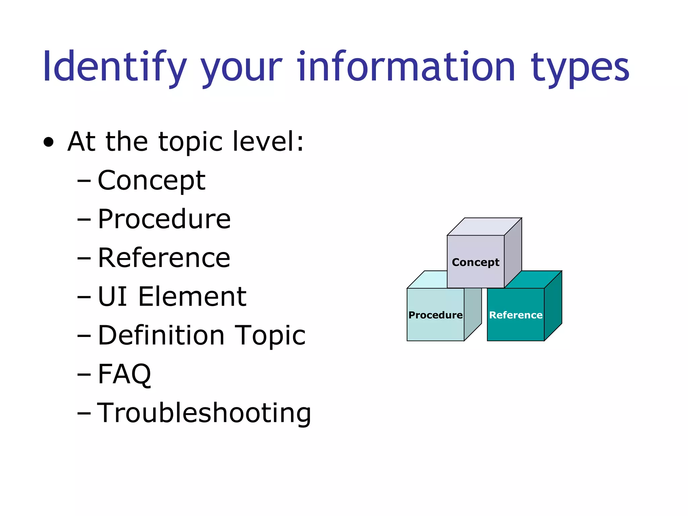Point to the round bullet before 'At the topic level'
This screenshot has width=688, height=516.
[x=49, y=142]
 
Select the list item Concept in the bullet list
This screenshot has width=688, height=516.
[x=151, y=181]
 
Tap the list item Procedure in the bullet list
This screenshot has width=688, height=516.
[x=164, y=219]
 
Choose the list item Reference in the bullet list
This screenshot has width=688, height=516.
[x=164, y=258]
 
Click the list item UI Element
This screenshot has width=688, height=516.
[x=172, y=297]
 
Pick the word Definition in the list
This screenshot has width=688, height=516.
[x=161, y=335]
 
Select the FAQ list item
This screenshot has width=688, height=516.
[x=124, y=374]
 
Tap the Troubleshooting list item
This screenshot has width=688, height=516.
[x=204, y=413]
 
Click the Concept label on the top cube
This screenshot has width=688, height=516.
[x=475, y=262]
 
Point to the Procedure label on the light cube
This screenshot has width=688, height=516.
[x=435, y=315]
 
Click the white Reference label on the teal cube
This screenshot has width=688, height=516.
[x=516, y=315]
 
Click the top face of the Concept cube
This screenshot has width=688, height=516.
[x=484, y=227]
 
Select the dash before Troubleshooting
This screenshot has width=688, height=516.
[x=84, y=413]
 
